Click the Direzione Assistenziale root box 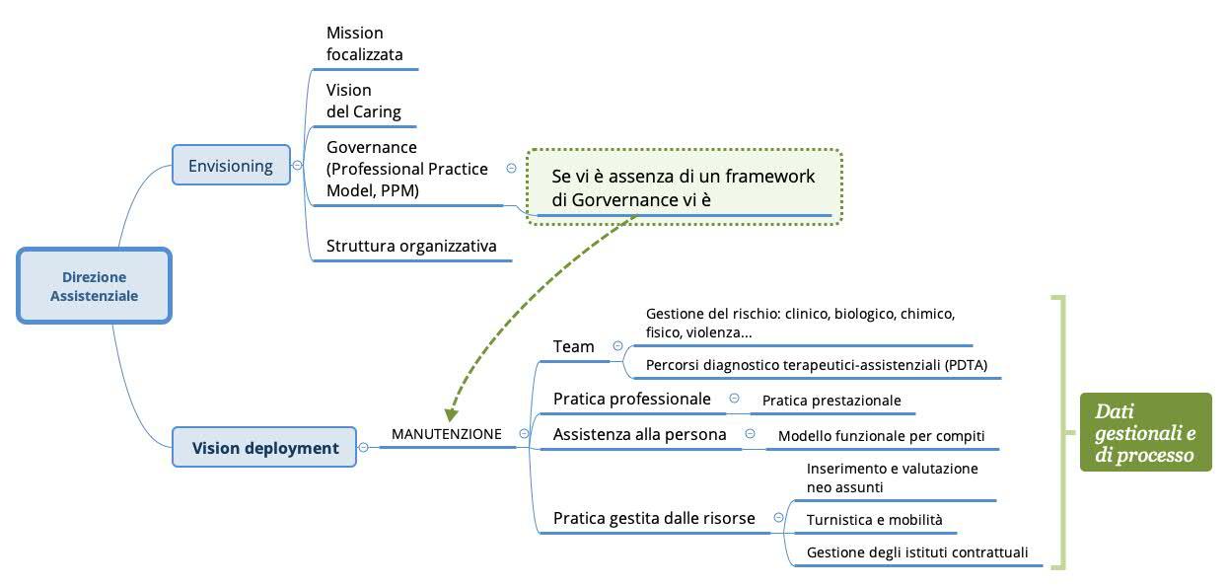click(x=94, y=285)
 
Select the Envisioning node click(x=230, y=165)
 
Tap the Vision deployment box click(x=264, y=447)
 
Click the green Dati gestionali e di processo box click(x=1145, y=432)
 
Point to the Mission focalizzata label click(x=364, y=44)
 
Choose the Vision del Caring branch click(x=363, y=101)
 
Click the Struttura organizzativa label click(x=411, y=245)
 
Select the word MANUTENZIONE click(x=446, y=433)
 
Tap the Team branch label click(x=573, y=345)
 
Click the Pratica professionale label click(x=631, y=399)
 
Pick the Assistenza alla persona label click(x=639, y=434)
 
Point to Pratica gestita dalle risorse click(x=654, y=518)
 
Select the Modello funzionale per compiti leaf click(x=881, y=435)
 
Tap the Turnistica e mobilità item click(x=874, y=520)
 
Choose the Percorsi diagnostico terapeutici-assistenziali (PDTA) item click(x=817, y=365)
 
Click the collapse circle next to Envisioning click(x=297, y=165)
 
